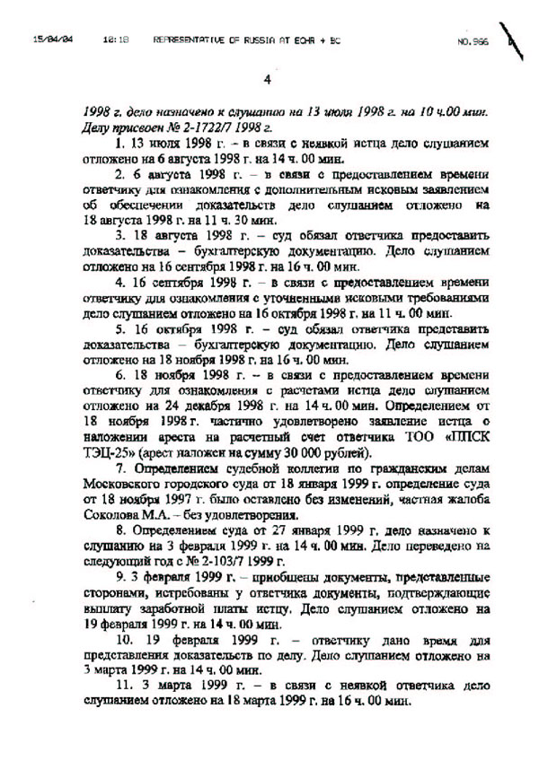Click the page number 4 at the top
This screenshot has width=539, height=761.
tap(267, 79)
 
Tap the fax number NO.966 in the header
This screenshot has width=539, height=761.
tap(472, 41)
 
